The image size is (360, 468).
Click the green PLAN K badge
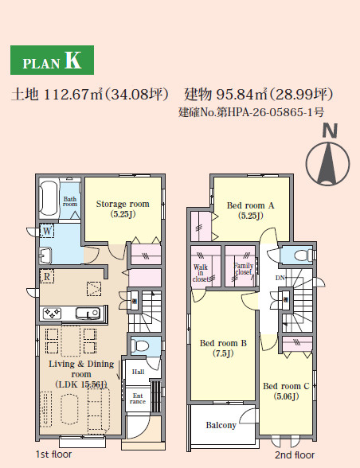[52, 60]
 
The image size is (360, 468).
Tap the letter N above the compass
[330, 131]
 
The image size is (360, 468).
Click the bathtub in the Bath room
[49, 197]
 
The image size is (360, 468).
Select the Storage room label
[123, 204]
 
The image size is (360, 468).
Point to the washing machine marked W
[47, 231]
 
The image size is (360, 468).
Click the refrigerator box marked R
[47, 277]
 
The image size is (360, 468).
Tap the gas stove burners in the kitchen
[52, 314]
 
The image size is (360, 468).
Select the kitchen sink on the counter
[88, 314]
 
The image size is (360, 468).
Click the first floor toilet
[140, 346]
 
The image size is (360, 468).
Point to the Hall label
[138, 372]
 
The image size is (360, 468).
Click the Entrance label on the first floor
[138, 399]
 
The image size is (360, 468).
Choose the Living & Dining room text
[81, 369]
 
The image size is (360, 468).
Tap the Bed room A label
[250, 205]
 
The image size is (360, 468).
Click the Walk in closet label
[201, 273]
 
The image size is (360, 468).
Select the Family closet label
[244, 269]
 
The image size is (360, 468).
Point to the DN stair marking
[280, 278]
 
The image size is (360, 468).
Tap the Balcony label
[221, 425]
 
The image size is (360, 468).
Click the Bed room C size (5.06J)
[286, 396]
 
